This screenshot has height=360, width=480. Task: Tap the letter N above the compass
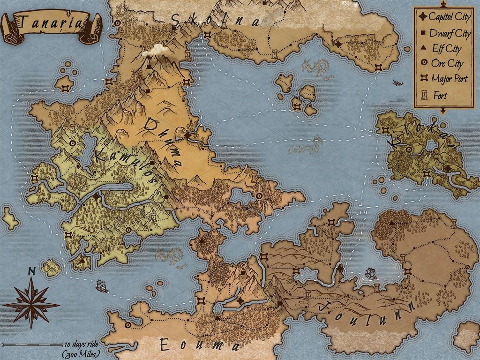tap(32, 271)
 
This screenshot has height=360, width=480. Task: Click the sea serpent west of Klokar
tap(307, 146)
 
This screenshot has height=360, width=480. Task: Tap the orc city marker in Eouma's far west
tap(128, 324)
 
